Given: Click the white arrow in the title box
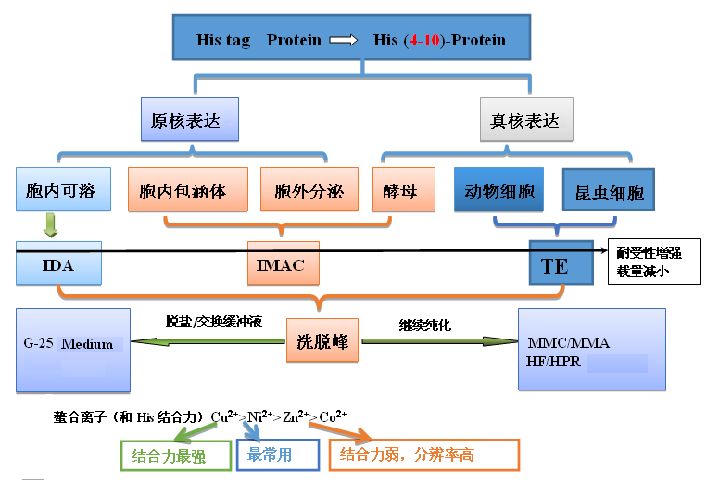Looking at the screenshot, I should coord(343,41).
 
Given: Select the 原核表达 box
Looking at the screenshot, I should coord(189,121).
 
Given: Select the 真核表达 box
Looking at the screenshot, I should coord(525,121).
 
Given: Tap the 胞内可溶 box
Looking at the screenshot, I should coord(62,191).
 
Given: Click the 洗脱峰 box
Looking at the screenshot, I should coord(322,341).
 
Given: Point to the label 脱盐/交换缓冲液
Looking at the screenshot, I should coord(214,323).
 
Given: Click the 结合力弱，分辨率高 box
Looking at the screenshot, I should coord(423,455).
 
